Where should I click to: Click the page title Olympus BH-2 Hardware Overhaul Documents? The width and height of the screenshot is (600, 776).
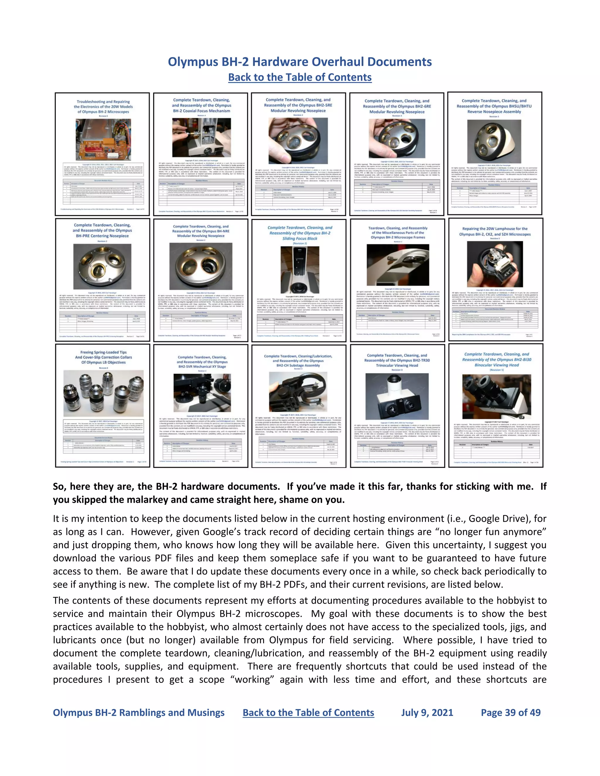[300, 62]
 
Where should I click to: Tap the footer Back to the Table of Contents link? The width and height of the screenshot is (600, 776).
[308, 712]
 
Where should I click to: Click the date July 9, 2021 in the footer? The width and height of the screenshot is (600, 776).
[427, 712]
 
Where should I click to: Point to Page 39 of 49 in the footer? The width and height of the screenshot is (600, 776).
[510, 712]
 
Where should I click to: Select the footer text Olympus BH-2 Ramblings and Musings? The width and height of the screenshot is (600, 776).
[139, 712]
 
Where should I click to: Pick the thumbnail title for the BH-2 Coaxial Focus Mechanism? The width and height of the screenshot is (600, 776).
[201, 105]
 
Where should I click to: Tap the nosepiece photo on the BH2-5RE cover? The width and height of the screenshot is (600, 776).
[298, 141]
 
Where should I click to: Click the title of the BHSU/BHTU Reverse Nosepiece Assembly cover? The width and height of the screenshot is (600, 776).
[494, 106]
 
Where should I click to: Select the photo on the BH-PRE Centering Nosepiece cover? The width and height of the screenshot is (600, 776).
[102, 266]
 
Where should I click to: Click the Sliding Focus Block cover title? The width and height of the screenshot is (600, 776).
[300, 233]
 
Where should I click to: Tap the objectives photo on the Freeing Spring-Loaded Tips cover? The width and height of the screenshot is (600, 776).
[103, 393]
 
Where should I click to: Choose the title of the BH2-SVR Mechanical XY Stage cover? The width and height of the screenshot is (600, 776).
[202, 362]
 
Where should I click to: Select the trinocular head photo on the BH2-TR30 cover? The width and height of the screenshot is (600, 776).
[397, 396]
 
